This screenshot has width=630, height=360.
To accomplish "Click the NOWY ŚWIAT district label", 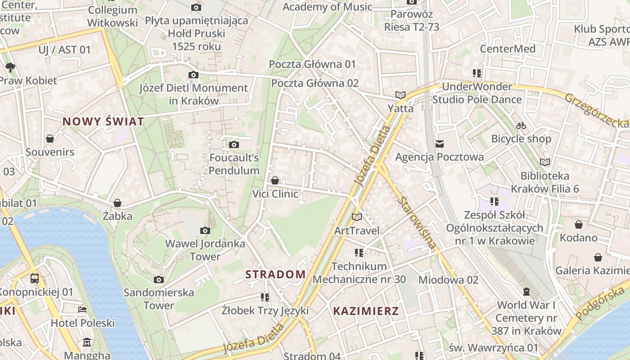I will click(103, 121).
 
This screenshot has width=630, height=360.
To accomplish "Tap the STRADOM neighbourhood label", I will click(275, 274).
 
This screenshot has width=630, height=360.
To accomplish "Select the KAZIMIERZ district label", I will click(366, 311).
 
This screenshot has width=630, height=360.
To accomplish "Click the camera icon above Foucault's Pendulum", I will click(234, 144).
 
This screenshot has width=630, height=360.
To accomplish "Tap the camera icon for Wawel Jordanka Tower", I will click(205, 231).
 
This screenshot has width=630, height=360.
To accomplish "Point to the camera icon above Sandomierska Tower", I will click(158, 279).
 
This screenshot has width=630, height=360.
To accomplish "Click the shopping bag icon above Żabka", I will click(117, 203).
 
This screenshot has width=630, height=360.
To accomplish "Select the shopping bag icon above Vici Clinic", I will click(275, 180).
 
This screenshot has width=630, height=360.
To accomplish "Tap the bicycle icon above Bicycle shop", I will click(521, 126).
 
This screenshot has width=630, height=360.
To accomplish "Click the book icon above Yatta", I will click(400, 95).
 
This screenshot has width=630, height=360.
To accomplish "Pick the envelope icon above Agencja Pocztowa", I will click(439, 144).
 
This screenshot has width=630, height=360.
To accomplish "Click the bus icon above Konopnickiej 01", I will click(35, 279).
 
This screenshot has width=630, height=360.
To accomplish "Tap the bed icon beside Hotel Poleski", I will click(82, 310).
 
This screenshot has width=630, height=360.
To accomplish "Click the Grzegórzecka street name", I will click(596, 110).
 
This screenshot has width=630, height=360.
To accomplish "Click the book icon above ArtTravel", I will click(357, 217).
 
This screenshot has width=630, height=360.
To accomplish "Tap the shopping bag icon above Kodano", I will click(579, 225).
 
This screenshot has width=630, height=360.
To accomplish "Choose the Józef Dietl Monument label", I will click(193, 94).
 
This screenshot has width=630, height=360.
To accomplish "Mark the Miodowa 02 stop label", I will click(448, 280).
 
